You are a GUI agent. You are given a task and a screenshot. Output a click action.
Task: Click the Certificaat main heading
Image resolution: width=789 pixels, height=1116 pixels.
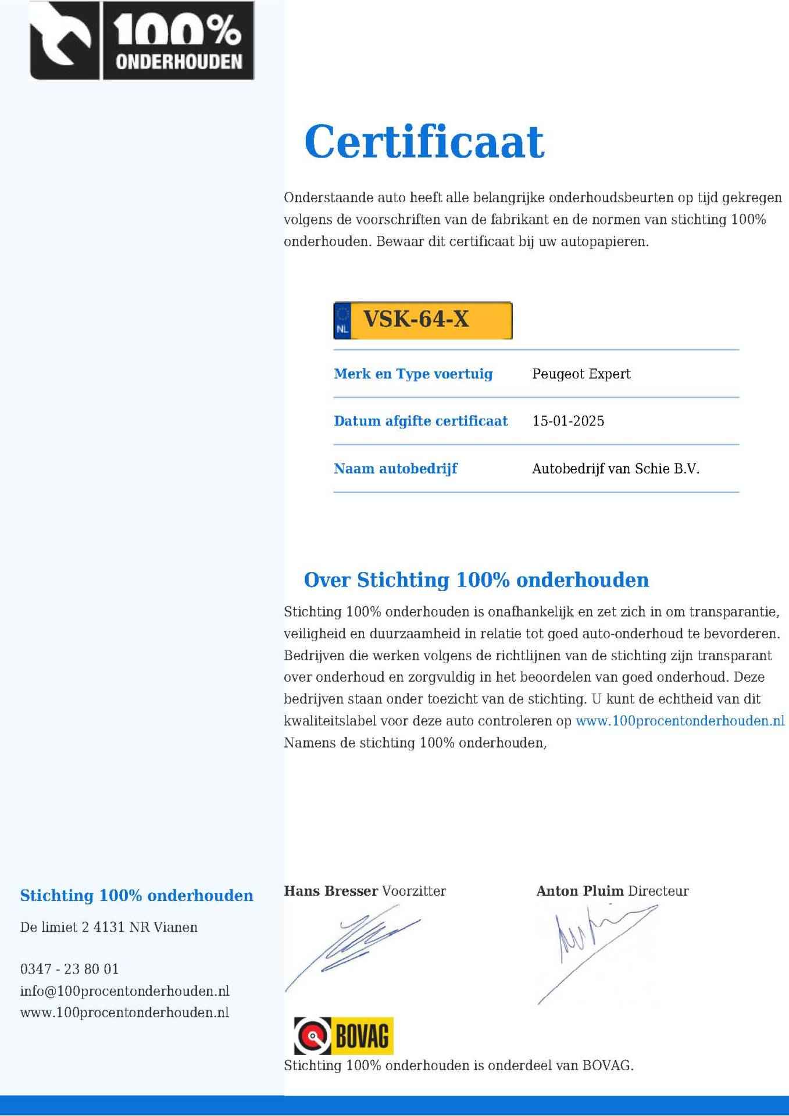[x=424, y=141]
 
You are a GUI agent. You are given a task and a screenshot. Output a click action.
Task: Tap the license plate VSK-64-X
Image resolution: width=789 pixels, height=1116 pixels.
[x=423, y=320]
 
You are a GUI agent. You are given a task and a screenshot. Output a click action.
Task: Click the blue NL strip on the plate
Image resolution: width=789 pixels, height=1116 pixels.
[x=342, y=320]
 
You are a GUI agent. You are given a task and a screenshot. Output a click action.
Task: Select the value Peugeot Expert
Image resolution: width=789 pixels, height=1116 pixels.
[x=581, y=374]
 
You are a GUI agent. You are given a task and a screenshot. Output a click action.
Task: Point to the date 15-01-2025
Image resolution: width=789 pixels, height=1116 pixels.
[x=568, y=421]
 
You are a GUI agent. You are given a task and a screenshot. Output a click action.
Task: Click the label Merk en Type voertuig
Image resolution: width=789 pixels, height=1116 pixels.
[x=413, y=374]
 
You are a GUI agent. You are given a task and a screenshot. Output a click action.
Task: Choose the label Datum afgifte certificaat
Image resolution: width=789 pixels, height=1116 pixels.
[x=420, y=421]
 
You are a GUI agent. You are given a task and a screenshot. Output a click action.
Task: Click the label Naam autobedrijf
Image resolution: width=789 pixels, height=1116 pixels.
[x=395, y=468]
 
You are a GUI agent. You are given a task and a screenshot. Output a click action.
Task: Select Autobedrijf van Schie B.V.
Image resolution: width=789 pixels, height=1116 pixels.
[x=615, y=468]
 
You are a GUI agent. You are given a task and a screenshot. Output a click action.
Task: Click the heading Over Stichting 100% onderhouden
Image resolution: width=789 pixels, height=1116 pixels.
[x=476, y=580]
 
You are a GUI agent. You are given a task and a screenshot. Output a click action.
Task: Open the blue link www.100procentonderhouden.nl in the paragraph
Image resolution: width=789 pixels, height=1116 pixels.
[x=680, y=721]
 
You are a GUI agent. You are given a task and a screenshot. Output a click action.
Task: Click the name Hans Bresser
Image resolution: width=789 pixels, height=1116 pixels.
[x=331, y=891]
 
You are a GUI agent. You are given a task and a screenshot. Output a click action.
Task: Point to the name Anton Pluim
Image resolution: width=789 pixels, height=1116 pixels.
[x=580, y=891]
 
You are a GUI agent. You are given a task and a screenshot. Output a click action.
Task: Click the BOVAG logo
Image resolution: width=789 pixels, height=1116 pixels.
[x=344, y=1036]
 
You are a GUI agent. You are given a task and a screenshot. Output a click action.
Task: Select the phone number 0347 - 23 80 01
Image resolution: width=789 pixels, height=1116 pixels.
[x=69, y=969]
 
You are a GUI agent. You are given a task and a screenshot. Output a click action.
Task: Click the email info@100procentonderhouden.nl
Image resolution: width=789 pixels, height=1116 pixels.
[x=124, y=990]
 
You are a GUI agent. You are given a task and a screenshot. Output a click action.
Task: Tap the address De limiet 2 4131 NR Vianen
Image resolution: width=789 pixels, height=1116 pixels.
[x=109, y=927]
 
